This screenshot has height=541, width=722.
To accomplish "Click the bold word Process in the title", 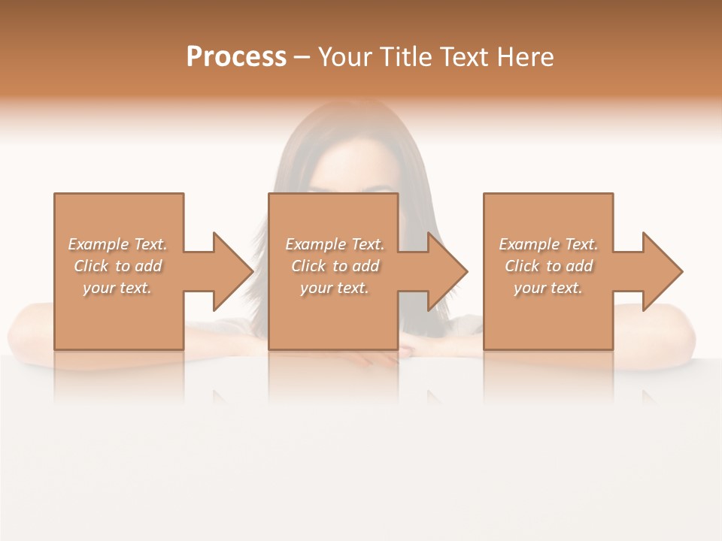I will (236, 57).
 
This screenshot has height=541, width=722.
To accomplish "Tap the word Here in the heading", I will (526, 57).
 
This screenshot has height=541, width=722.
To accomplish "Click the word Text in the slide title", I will (466, 57).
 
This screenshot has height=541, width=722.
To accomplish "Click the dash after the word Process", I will (302, 58).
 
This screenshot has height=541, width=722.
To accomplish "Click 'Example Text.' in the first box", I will (117, 244).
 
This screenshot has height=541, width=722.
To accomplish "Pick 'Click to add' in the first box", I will (117, 266).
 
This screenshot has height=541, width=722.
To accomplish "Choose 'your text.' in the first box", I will (117, 288).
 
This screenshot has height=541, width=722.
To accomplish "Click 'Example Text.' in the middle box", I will (335, 244).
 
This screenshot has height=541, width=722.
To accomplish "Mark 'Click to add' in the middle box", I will (335, 266).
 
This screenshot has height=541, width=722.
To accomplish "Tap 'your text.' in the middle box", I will (335, 288).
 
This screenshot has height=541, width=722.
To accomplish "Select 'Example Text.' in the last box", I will (548, 244).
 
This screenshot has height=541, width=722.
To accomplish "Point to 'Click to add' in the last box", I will (548, 266).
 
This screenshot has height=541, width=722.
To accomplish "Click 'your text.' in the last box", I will (548, 288).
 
